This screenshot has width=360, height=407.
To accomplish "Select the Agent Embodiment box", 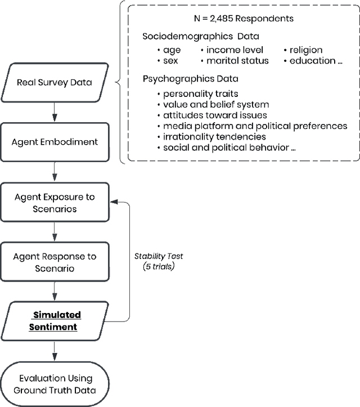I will pos(55,142).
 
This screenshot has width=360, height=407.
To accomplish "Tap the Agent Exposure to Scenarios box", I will pos(55,203).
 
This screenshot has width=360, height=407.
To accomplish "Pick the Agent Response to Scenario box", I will pos(55,262).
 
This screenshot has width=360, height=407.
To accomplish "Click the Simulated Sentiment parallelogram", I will pos(55,320).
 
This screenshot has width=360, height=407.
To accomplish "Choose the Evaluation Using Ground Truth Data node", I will pos(55,384).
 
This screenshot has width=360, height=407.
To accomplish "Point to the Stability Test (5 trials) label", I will pos(159,261).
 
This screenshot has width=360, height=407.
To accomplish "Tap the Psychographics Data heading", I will pos(190,78).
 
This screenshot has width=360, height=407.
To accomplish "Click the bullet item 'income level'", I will pos(235,50).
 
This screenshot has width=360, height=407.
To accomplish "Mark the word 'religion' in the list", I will pos(306,50).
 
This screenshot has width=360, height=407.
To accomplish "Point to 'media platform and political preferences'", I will pos(255,126).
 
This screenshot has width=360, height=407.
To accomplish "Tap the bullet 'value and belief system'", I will pos(216,104).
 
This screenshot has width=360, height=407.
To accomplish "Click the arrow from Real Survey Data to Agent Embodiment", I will pos(55,113).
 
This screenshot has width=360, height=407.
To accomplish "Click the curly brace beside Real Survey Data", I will pos(119,84).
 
